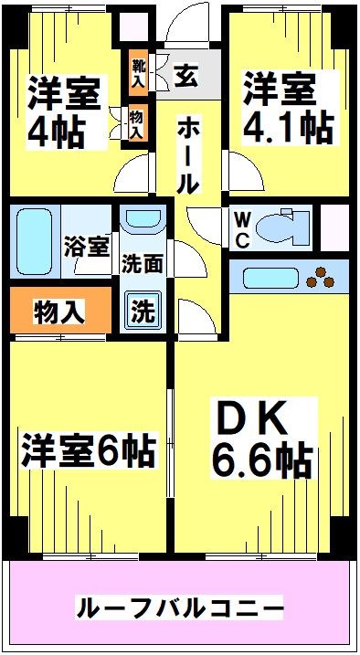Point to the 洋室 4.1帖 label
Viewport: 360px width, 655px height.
(286, 109)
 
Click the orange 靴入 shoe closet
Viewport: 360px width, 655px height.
(137, 72)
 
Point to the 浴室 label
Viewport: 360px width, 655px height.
(87, 247)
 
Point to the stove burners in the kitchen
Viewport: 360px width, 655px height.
(322, 272)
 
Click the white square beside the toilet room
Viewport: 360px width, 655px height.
(334, 225)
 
